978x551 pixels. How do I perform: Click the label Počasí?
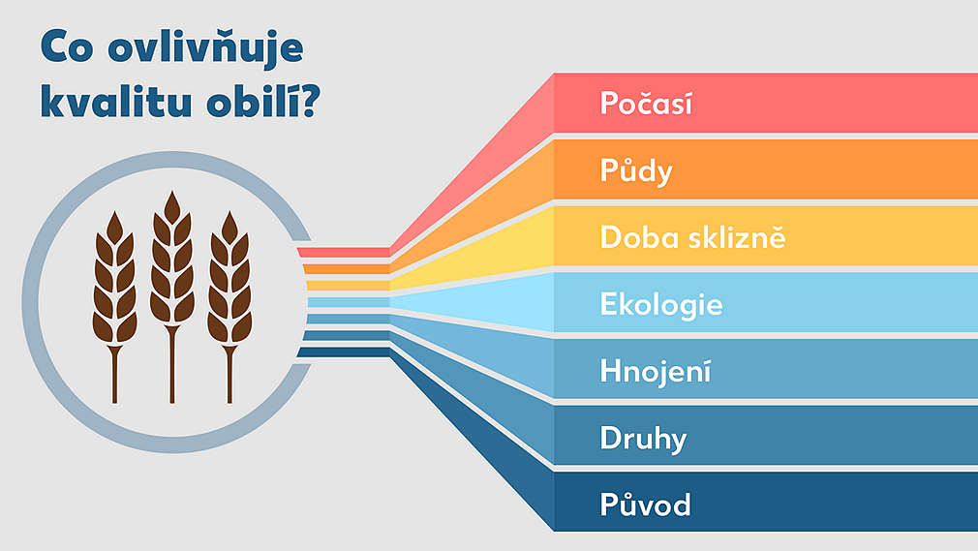tap(646, 103)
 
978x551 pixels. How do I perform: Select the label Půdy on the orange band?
tap(635, 171)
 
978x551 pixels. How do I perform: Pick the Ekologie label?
tap(661, 304)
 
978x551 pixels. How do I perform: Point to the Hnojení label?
tap(656, 371)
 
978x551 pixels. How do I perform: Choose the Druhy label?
tap(643, 439)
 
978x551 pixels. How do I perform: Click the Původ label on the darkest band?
tap(645, 505)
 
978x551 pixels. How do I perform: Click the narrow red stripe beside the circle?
tap(344, 253)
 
